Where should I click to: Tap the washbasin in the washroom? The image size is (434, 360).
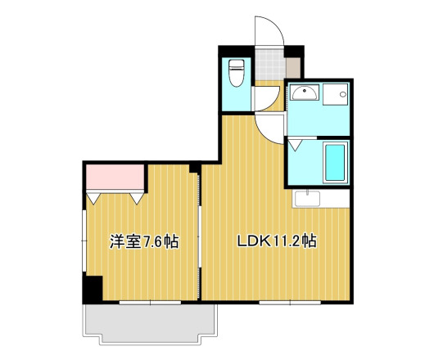click(303, 92)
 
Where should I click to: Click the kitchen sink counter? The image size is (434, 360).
click(319, 199)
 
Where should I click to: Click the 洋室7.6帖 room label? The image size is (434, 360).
click(144, 241)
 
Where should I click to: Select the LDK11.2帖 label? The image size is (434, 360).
click(277, 241)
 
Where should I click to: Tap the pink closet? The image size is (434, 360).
click(115, 176)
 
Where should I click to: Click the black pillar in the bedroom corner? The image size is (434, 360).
click(92, 289)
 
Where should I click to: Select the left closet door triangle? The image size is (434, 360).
click(95, 196)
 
